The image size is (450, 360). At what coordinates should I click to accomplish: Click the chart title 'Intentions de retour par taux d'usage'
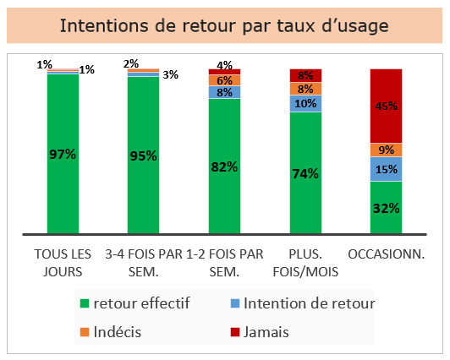pos(224,26)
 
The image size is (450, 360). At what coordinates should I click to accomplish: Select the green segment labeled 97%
pos(63,154)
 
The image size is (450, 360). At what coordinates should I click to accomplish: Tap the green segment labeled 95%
pos(143,155)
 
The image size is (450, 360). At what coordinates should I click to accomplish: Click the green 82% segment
pos(224,166)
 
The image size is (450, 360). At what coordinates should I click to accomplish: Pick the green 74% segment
pos(305,173)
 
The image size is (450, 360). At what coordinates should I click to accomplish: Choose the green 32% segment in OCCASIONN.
pos(386,208)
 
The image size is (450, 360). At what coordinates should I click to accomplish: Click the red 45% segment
pos(386,106)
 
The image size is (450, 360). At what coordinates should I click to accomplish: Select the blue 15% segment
pos(386,169)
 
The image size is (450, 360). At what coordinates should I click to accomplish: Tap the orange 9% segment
pos(386,150)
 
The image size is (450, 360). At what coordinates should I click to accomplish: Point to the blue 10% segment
pos(305,103)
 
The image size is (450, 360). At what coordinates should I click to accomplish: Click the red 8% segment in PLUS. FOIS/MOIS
pos(305,75)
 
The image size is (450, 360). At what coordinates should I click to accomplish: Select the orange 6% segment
pos(224,80)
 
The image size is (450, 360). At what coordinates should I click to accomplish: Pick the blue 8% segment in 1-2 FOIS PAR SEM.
pos(224,92)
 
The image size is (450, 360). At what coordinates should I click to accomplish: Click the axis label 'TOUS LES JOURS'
pos(63,263)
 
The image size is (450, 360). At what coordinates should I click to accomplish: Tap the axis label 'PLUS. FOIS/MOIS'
pos(305,263)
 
